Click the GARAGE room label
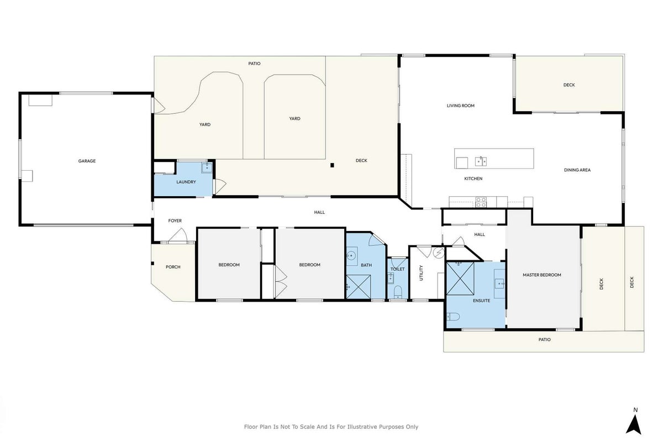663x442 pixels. tap(87, 161)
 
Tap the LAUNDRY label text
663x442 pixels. tap(186, 182)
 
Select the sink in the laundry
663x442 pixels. tap(207, 167)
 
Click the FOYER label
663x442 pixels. tap(175, 220)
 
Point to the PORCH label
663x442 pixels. tap(173, 267)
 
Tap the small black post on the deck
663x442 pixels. tap(332, 165)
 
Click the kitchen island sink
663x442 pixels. tap(481, 161)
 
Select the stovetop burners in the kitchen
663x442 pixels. tap(481, 202)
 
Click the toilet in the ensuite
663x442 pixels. tap(453, 317)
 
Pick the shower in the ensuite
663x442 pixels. tap(460, 278)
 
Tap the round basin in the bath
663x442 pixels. tap(351, 255)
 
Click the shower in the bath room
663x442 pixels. tap(359, 287)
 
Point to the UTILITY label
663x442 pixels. tap(421, 273)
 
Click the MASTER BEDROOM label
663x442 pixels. tap(541, 275)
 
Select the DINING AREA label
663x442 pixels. tap(577, 170)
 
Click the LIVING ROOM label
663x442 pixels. tap(461, 106)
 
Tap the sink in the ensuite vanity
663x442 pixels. tap(500, 283)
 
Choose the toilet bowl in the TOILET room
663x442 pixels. tap(397, 292)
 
